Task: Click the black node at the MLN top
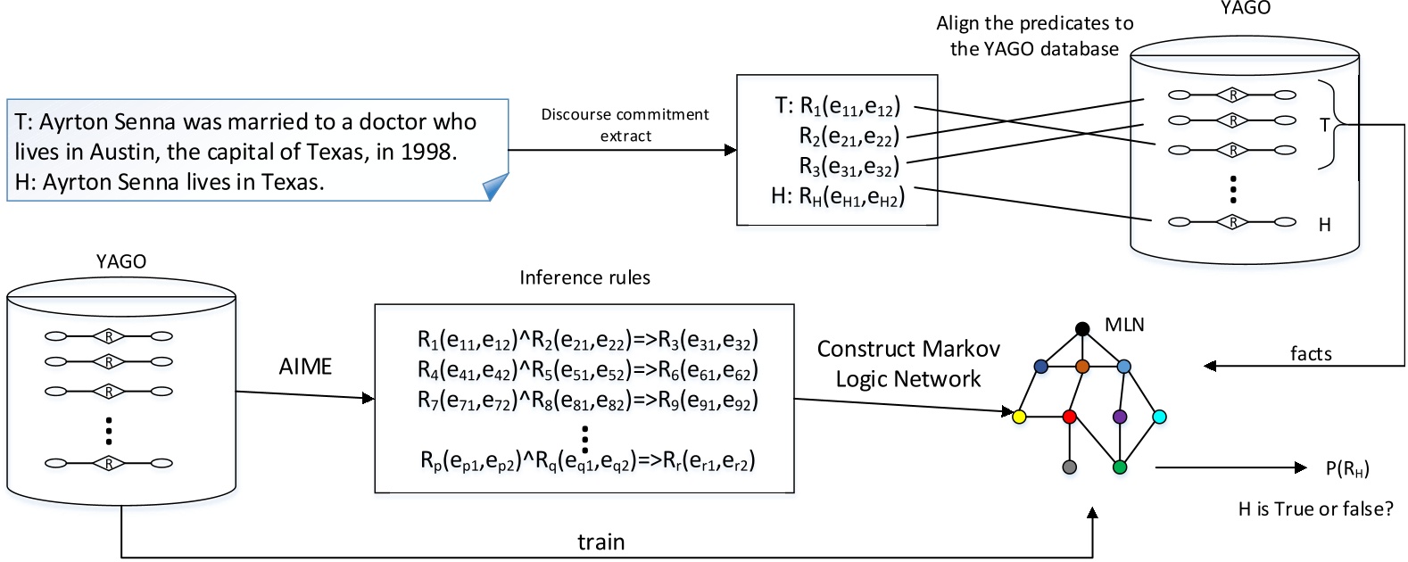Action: pyautogui.click(x=1082, y=328)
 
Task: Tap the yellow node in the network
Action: pyautogui.click(x=1020, y=417)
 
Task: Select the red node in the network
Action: pyautogui.click(x=1070, y=417)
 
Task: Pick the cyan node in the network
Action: pyautogui.click(x=1159, y=417)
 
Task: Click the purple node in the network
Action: pyautogui.click(x=1120, y=417)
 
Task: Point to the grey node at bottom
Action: pyautogui.click(x=1070, y=467)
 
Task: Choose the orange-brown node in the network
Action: pyautogui.click(x=1082, y=367)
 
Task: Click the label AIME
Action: pyautogui.click(x=305, y=367)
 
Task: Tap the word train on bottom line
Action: pyautogui.click(x=600, y=541)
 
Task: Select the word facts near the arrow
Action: pyautogui.click(x=1311, y=353)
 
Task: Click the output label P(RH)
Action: pyautogui.click(x=1347, y=468)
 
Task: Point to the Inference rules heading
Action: pyautogui.click(x=584, y=277)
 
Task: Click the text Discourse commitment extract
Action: pyautogui.click(x=625, y=125)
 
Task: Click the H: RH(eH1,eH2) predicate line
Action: pyautogui.click(x=837, y=195)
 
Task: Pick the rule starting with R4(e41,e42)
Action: pyautogui.click(x=587, y=369)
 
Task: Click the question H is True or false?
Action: pyautogui.click(x=1315, y=509)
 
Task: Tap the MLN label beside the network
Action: pyautogui.click(x=1124, y=325)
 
